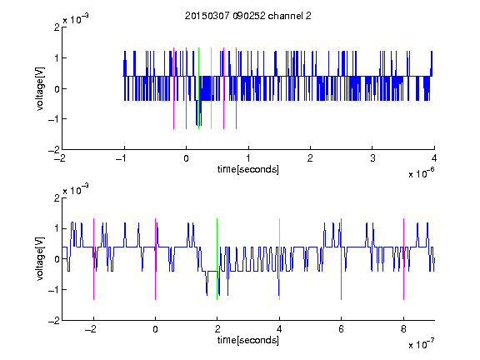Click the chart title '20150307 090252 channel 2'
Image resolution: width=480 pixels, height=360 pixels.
coord(248,16)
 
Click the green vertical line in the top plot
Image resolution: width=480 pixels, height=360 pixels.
coord(198,88)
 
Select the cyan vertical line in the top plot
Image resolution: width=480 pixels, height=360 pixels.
coord(211,88)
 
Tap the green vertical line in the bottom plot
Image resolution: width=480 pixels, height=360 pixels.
coord(217,259)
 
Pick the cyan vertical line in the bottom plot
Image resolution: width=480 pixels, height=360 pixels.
coord(279,259)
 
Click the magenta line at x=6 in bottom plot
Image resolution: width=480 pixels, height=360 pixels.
coord(342,259)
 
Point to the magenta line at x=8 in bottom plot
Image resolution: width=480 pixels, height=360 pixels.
coord(404,259)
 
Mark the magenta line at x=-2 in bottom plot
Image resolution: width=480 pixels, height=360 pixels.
coord(93,259)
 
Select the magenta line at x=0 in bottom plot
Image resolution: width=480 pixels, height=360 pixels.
coord(156,259)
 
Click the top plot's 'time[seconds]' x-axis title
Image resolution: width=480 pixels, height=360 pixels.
coord(248,169)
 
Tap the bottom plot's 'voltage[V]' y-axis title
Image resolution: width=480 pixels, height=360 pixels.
coord(40,259)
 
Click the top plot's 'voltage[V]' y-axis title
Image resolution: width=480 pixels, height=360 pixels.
coord(40,89)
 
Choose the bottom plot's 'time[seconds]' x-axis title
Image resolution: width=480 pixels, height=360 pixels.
coord(248,340)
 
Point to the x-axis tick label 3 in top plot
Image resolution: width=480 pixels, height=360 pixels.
coord(372,158)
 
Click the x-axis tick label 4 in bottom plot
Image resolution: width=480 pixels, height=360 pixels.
coord(279,329)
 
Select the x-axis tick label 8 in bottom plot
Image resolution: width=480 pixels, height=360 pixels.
coord(403,329)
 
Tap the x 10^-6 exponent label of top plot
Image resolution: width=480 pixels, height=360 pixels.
coord(422,173)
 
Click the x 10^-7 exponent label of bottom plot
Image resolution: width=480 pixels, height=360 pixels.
coord(422,344)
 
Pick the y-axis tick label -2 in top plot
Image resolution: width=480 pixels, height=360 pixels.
coord(54,150)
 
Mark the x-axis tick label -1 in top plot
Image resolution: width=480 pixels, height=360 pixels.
coord(122,158)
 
